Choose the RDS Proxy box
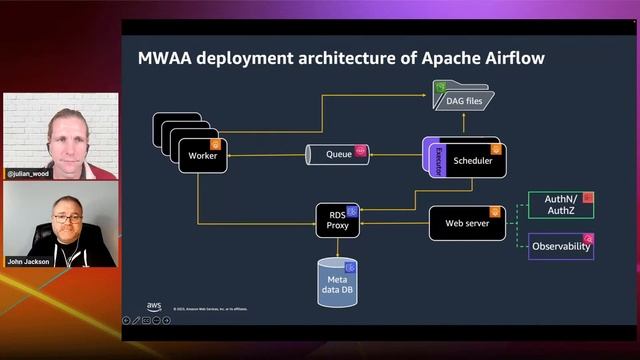click(x=337, y=220)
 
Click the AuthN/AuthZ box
click(x=560, y=205)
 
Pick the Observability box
click(x=561, y=246)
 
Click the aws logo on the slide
click(x=155, y=306)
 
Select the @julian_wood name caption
click(x=27, y=173)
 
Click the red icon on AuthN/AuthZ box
click(x=588, y=198)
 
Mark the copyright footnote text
click(x=210, y=309)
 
